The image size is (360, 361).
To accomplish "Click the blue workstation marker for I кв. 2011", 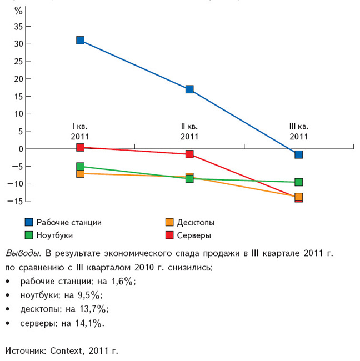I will click(81, 40).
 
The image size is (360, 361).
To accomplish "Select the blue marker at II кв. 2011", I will click(189, 89).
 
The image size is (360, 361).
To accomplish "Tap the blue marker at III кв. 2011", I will click(298, 154).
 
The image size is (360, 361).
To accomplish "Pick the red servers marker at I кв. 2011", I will click(81, 147).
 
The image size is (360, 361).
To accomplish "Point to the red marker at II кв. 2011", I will click(189, 154).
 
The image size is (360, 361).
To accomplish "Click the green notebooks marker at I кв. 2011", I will click(81, 166).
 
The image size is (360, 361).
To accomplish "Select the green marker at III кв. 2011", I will click(298, 182).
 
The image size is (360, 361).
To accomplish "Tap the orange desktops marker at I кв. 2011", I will click(81, 174).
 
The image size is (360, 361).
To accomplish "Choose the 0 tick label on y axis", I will click(21, 149).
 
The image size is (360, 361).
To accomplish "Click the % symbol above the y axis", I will click(18, 11).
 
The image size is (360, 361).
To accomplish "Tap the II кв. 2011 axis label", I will click(189, 131).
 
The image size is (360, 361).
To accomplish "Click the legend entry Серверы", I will click(194, 235).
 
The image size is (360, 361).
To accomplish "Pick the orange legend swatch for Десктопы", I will click(169, 223).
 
